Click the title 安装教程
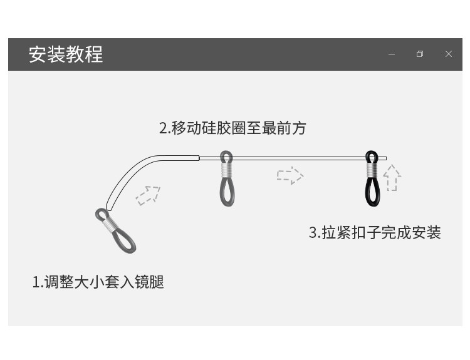(x=66, y=54)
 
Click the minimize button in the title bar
(x=392, y=54)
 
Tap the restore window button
(x=420, y=54)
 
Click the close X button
(x=449, y=54)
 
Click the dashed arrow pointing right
(x=290, y=175)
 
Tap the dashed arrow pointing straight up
(x=392, y=178)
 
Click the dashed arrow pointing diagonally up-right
(x=148, y=195)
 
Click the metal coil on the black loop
(x=372, y=168)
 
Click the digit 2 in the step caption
(x=163, y=128)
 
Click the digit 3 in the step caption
(x=313, y=233)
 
